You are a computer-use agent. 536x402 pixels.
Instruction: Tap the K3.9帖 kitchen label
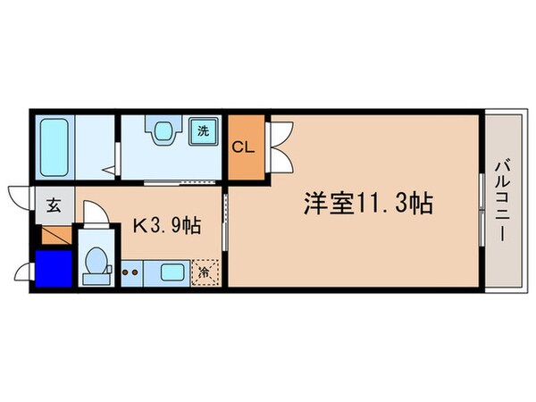point(166,227)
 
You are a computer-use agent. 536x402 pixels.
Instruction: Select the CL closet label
point(244,147)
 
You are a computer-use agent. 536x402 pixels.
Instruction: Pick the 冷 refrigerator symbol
point(205,271)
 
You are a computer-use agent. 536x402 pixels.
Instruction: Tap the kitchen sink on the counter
point(171,271)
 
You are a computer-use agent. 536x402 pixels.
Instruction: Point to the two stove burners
point(132,271)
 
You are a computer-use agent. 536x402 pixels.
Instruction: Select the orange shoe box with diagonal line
point(55,236)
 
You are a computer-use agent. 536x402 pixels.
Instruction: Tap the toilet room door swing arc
point(95,214)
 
